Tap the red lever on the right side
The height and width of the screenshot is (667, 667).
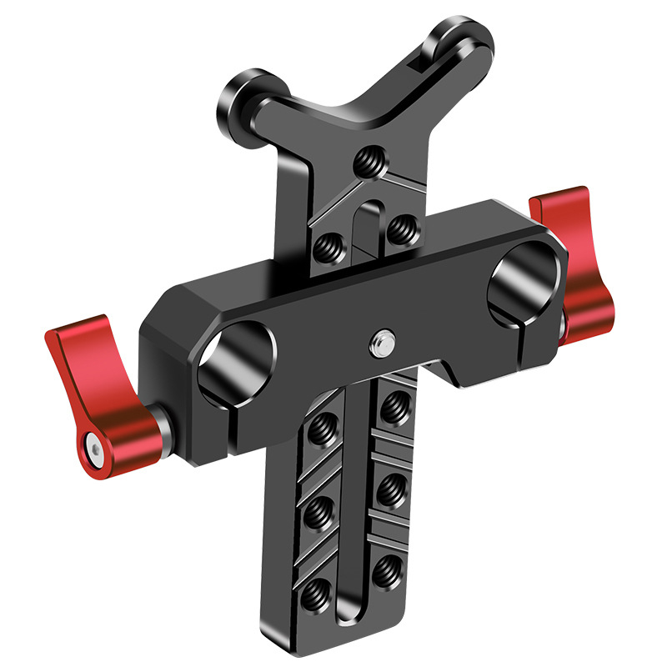click(575, 258)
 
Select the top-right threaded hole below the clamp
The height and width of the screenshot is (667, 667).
click(389, 407)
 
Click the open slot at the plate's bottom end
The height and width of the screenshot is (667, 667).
click(349, 617)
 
